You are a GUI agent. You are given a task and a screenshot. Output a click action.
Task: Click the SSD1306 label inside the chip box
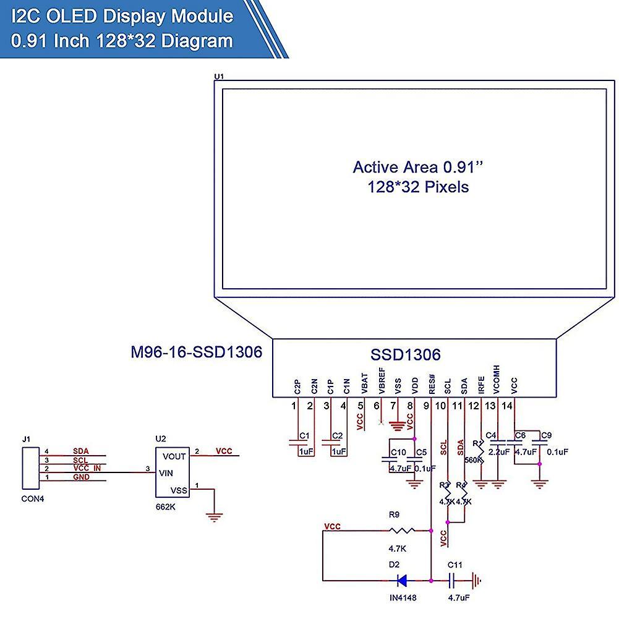coord(405,355)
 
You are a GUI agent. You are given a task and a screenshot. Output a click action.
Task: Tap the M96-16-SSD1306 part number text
coord(196,352)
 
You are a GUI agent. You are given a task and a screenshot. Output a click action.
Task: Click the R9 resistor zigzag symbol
coord(403,531)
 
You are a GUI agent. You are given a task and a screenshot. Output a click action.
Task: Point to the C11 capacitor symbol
coord(453,581)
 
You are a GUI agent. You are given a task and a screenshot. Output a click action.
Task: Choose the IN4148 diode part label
coord(403,598)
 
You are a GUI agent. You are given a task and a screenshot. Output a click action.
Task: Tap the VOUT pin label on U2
coord(175,456)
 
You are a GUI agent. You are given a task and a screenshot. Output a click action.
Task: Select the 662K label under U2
coord(165,506)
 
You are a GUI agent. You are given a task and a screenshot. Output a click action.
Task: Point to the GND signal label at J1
coord(81,477)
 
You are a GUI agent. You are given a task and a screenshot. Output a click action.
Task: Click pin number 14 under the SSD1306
coord(507,406)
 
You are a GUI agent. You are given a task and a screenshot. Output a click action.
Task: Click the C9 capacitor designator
coord(545,436)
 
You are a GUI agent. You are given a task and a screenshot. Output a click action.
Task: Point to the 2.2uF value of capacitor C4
coord(498,452)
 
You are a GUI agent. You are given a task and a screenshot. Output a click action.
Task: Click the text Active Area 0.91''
coord(417,167)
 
